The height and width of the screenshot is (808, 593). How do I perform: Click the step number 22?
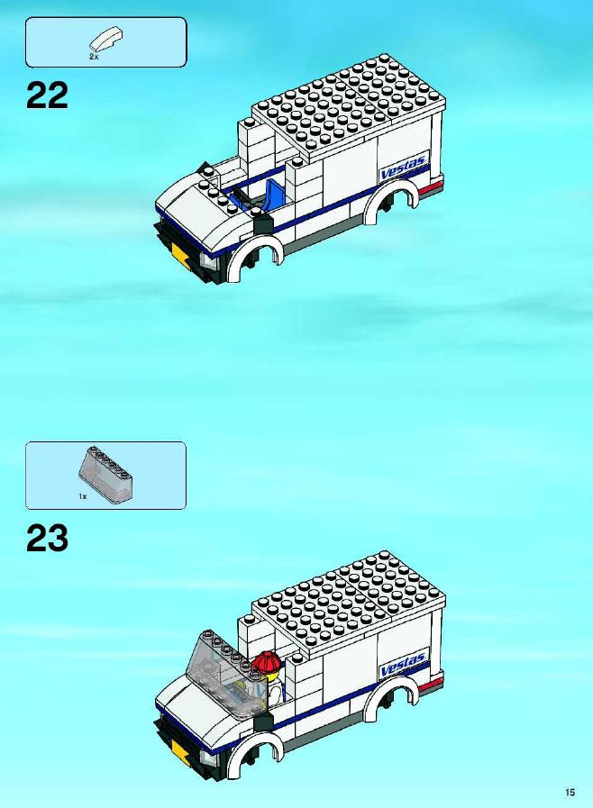47,95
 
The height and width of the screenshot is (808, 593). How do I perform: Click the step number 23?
47,538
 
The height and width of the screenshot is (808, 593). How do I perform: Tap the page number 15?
570,793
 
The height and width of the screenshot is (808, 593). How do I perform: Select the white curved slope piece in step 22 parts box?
106,40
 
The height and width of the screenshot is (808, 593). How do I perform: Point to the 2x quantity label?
94,57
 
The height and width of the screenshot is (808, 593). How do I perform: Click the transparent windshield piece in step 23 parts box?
105,473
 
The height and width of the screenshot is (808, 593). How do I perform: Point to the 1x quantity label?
83,496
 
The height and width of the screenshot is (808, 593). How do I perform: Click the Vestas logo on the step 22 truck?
403,167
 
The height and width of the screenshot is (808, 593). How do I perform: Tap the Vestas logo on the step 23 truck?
403,664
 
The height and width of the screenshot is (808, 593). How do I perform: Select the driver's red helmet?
267,662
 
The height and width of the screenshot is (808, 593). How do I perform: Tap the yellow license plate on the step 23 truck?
180,750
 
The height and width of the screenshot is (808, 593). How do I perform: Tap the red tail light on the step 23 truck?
431,684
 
